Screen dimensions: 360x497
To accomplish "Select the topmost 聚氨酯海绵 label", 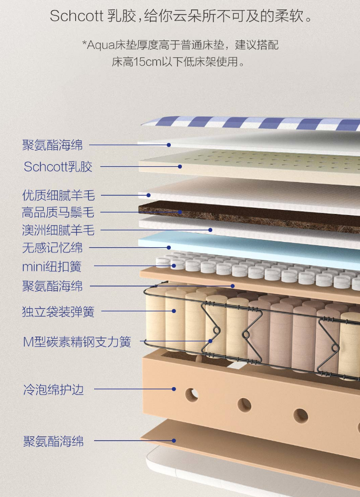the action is (x=52, y=145).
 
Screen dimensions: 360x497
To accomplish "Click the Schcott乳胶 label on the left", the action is (x=58, y=167).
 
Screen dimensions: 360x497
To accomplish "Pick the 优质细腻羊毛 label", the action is (x=58, y=195).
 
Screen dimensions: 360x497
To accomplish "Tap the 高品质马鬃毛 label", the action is (x=58, y=212).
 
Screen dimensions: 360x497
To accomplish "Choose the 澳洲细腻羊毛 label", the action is (x=58, y=230).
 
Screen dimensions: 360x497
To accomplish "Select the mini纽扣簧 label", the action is (x=52, y=267).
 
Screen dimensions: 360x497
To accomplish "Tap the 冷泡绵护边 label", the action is (x=53, y=390).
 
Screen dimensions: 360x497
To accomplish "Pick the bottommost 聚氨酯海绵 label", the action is (x=53, y=441).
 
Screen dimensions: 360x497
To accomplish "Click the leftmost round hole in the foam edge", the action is (x=192, y=394).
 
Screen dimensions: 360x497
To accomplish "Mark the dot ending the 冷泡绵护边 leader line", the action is (x=174, y=389).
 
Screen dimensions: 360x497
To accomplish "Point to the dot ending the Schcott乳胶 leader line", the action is (x=180, y=167).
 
